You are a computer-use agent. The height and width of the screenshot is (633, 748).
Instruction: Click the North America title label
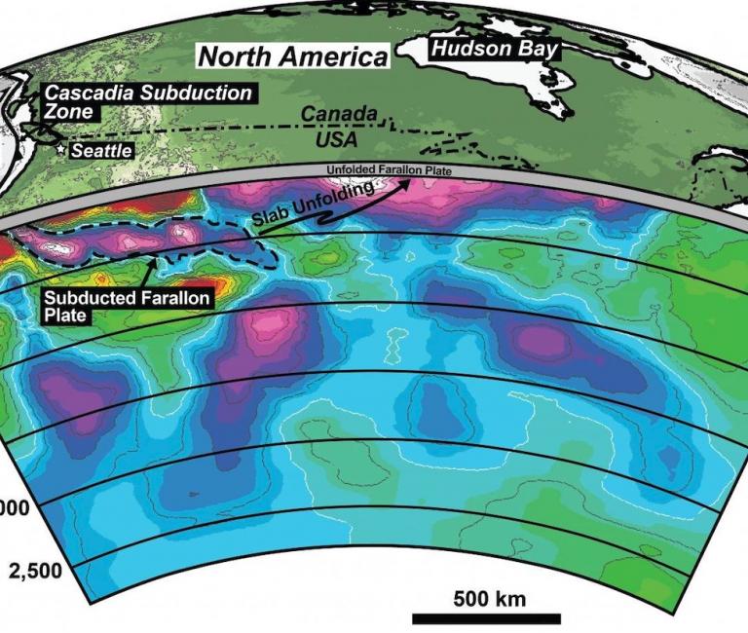coord(293,56)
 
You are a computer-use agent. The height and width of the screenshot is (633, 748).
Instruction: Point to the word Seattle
coord(102,151)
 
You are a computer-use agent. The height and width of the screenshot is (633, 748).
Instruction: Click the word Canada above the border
coord(338,114)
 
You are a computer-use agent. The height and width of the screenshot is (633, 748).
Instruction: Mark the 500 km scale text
coord(486,597)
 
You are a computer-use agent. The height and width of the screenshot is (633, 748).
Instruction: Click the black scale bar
coord(486,617)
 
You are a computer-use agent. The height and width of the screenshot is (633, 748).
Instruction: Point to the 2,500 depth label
coord(34,570)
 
